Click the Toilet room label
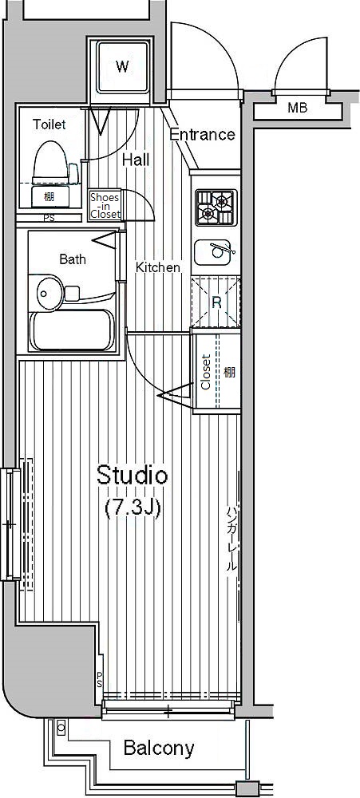click(49, 124)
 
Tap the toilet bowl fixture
click(50, 161)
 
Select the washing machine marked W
click(121, 66)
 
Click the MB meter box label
click(298, 108)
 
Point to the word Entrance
click(202, 134)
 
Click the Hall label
click(136, 160)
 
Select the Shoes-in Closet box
click(105, 206)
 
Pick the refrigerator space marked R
click(216, 302)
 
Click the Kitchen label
click(157, 267)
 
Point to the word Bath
click(73, 259)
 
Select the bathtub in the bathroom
click(72, 330)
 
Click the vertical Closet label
click(206, 372)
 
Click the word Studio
click(132, 476)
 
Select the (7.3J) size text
click(133, 508)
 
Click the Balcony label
click(159, 749)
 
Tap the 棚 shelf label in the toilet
click(49, 196)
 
